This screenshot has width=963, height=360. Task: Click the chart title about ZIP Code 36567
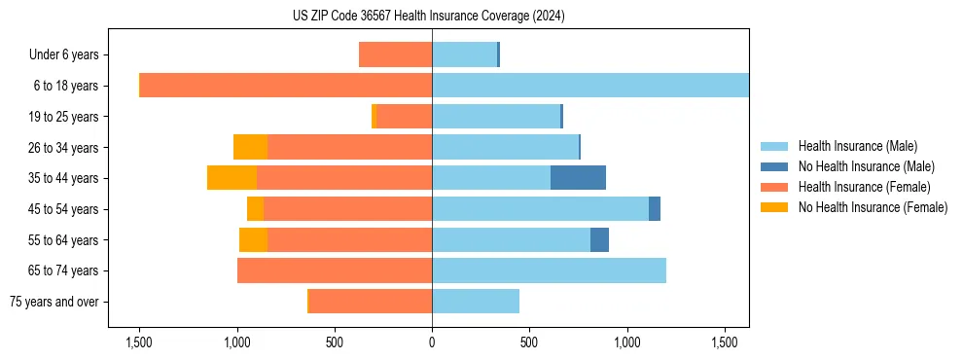coord(428,17)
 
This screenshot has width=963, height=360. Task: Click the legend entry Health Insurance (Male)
coord(856,146)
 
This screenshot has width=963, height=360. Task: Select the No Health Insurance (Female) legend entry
coord(871,207)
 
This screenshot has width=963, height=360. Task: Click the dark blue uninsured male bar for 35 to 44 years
coord(578,178)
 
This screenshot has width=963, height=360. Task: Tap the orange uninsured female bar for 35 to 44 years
coord(232,178)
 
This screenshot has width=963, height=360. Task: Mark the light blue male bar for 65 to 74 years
coord(549,270)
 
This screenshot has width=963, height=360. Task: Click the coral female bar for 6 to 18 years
coord(286,86)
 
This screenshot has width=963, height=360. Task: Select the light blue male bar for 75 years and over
coord(476,302)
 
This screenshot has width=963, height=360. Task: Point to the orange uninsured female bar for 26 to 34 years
coord(250,147)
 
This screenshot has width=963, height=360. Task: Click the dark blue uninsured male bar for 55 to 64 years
coord(599,239)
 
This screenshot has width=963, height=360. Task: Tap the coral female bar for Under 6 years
coord(395,54)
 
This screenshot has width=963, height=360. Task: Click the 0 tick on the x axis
coord(432,342)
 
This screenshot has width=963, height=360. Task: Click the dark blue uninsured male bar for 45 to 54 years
coord(655,208)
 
